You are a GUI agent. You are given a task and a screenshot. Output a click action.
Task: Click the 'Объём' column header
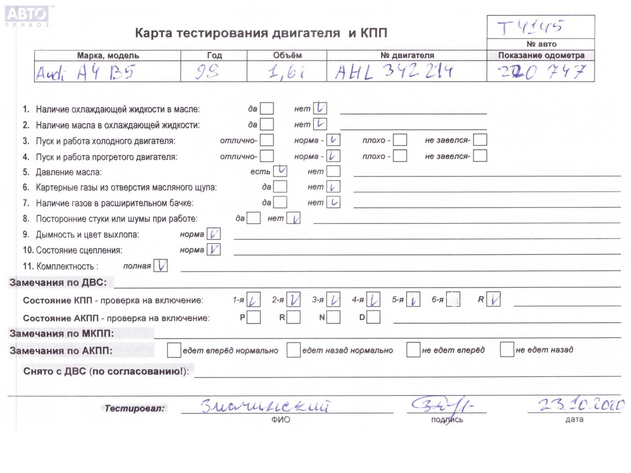click(x=287, y=56)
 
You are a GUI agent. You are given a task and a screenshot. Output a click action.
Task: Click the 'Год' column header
click(x=214, y=56)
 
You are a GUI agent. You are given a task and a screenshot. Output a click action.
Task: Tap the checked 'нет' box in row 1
click(x=320, y=108)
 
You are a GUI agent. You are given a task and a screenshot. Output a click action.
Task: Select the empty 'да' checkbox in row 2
click(x=267, y=124)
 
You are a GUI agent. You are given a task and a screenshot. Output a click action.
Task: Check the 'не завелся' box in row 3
click(x=480, y=140)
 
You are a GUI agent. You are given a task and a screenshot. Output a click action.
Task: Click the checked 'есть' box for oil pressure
click(x=280, y=171)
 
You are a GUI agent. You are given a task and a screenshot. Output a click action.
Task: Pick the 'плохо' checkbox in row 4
click(x=400, y=156)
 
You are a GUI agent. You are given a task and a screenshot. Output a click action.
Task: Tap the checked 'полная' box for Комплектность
click(x=160, y=266)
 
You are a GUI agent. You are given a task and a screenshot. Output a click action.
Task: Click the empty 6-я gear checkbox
click(x=453, y=300)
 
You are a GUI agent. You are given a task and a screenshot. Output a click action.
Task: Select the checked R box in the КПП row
click(x=493, y=300)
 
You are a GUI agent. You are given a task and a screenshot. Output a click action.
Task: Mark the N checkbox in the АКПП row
click(x=333, y=317)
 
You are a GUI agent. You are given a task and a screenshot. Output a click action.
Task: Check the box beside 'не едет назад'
click(x=507, y=349)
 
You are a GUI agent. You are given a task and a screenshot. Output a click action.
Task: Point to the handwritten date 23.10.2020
click(x=581, y=405)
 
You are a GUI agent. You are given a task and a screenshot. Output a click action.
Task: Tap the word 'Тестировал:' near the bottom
click(x=134, y=409)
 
